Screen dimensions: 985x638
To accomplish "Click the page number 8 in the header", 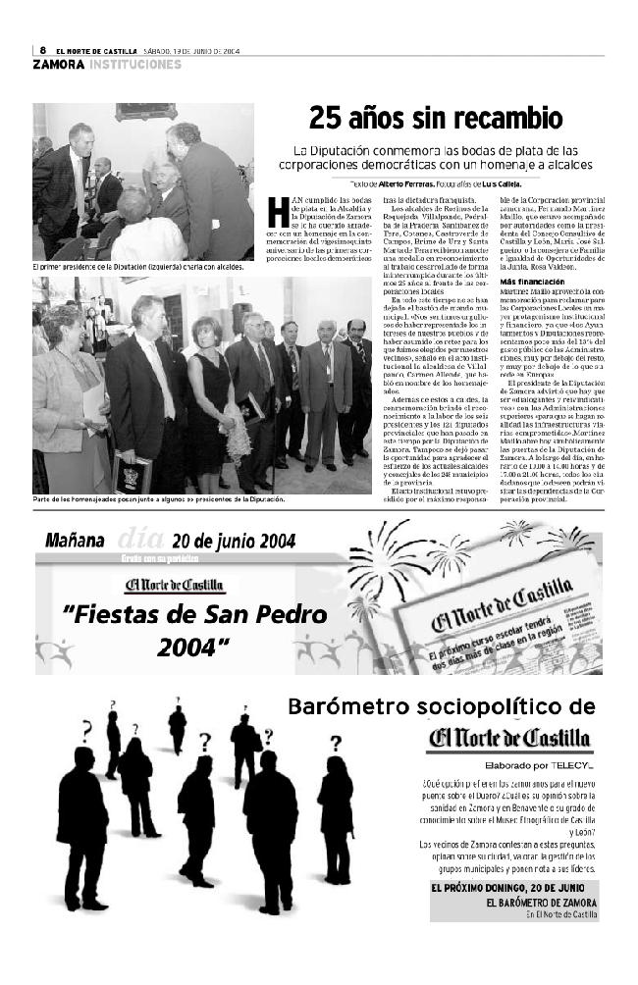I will coord(43,51).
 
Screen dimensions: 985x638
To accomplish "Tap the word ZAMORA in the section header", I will coord(58,65).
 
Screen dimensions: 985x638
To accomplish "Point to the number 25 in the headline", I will coord(327,119).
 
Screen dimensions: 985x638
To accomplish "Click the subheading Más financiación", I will coord(507,281).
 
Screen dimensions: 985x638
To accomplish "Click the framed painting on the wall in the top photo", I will coord(145,112).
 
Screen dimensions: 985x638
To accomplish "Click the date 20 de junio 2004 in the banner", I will coord(234,541).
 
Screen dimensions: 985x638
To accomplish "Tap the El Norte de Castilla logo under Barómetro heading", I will coord(509,738).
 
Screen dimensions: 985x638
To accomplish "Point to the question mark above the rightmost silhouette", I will coord(335,743).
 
